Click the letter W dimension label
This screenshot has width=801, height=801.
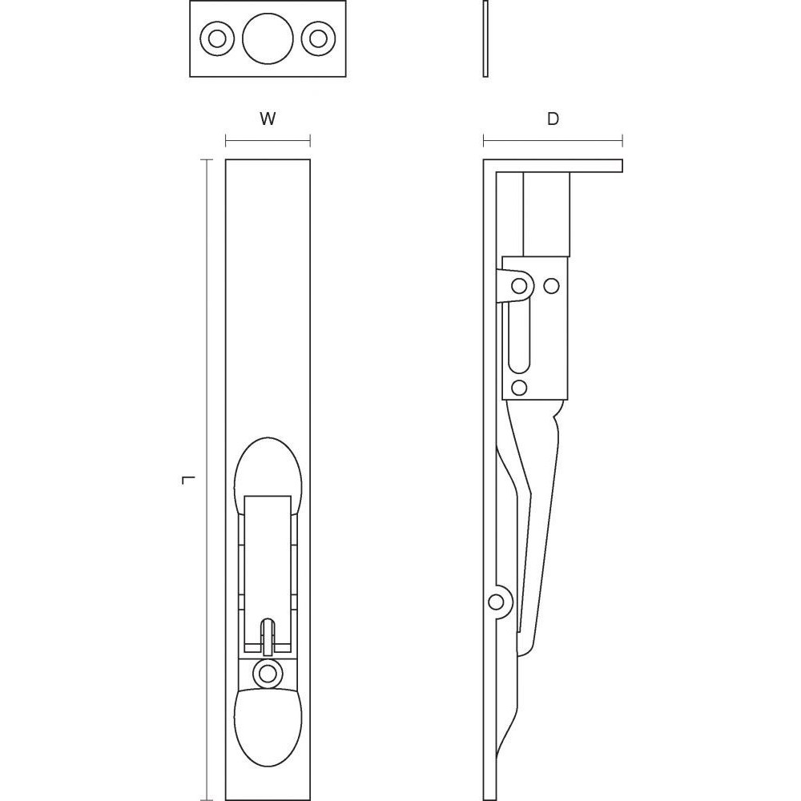click(x=268, y=119)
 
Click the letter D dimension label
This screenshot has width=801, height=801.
click(x=553, y=119)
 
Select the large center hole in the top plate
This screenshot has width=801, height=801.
click(x=267, y=38)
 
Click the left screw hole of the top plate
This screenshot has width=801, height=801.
click(x=215, y=38)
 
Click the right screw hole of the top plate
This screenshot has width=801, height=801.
click(x=319, y=38)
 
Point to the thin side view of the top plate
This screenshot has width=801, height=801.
click(x=486, y=38)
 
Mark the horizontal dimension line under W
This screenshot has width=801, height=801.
click(x=268, y=143)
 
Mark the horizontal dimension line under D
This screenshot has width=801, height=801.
click(x=553, y=143)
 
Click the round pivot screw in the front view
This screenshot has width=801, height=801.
click(x=267, y=673)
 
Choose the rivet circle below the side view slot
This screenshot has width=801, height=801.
click(x=518, y=388)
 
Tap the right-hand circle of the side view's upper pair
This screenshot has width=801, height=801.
click(x=551, y=285)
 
